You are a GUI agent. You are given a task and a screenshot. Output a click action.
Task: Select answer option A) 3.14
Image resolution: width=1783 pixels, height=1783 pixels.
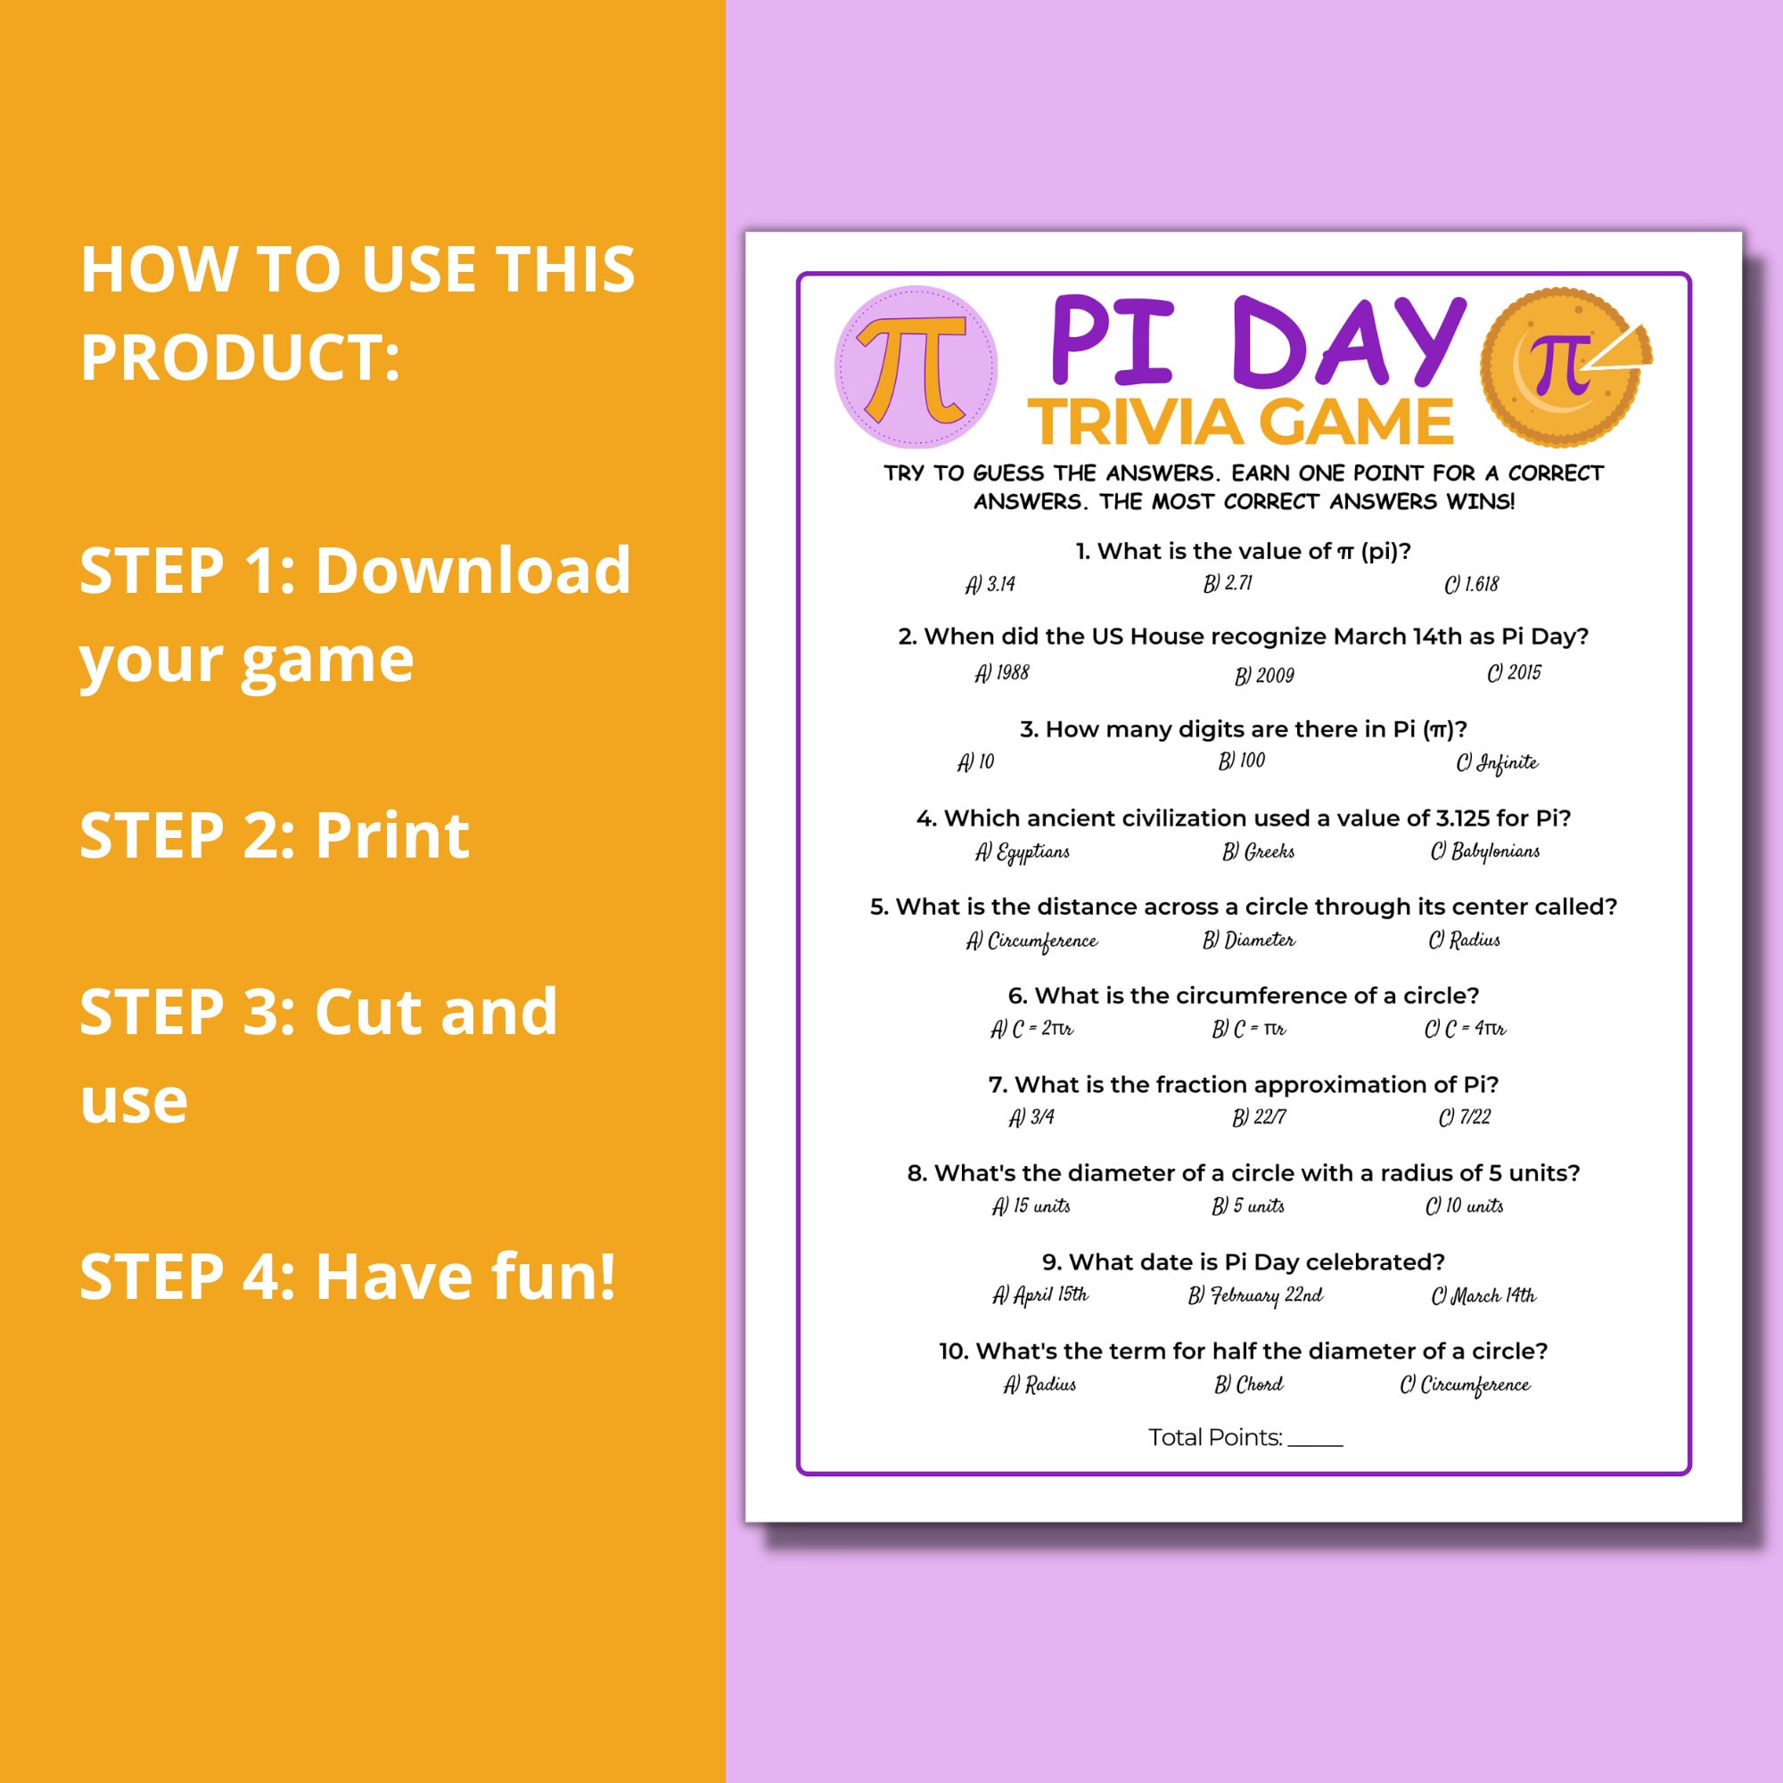point(990,584)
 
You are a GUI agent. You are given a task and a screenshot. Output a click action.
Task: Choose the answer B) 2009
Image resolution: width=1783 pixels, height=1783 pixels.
point(1264,676)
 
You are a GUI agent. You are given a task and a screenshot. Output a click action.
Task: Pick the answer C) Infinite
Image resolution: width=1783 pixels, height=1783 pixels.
point(1497,763)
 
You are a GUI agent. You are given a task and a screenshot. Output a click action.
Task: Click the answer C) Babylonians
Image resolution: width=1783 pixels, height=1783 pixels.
point(1485,850)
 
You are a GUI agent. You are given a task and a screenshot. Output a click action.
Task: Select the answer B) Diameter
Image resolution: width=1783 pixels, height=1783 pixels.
point(1249,940)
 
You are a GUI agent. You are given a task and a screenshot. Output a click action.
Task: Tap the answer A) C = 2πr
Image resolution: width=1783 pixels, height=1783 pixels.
point(1031,1028)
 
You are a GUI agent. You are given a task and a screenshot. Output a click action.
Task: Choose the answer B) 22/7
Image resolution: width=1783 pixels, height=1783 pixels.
point(1259,1118)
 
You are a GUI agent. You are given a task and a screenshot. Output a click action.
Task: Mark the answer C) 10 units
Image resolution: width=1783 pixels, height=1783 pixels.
point(1465,1206)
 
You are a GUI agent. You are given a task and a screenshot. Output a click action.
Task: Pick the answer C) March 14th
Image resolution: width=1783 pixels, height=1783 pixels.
point(1483,1295)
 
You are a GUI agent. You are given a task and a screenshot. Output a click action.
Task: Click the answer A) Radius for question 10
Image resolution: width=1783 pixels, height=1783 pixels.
point(1040,1384)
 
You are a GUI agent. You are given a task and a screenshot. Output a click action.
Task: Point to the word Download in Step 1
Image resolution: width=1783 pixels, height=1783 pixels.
point(473,571)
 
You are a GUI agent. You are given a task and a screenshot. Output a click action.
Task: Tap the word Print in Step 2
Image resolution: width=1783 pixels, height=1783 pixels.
point(392,836)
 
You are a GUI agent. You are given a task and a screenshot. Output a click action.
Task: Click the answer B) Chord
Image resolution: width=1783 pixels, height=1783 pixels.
point(1249,1384)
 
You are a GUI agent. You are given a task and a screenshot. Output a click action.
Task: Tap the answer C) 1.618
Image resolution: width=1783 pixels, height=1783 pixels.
point(1472,584)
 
